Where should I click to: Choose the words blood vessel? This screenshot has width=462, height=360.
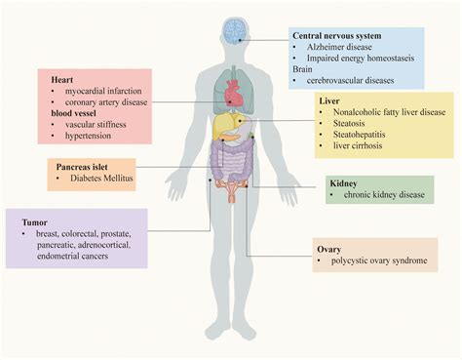pos(75,114)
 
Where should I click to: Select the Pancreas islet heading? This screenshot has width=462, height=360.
pos(82,167)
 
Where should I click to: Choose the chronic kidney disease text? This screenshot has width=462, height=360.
pos(384,195)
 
